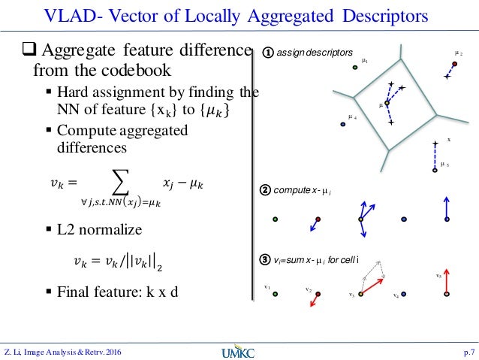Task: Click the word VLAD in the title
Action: coord(71,16)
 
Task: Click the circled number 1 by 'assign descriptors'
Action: coord(267,53)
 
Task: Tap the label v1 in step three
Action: coord(267,286)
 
